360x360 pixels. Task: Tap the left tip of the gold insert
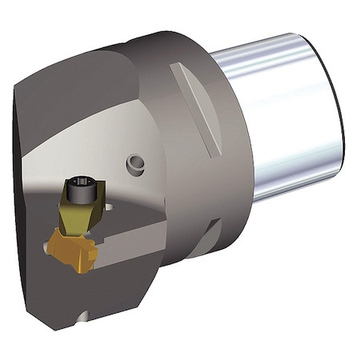pos(48,240)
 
